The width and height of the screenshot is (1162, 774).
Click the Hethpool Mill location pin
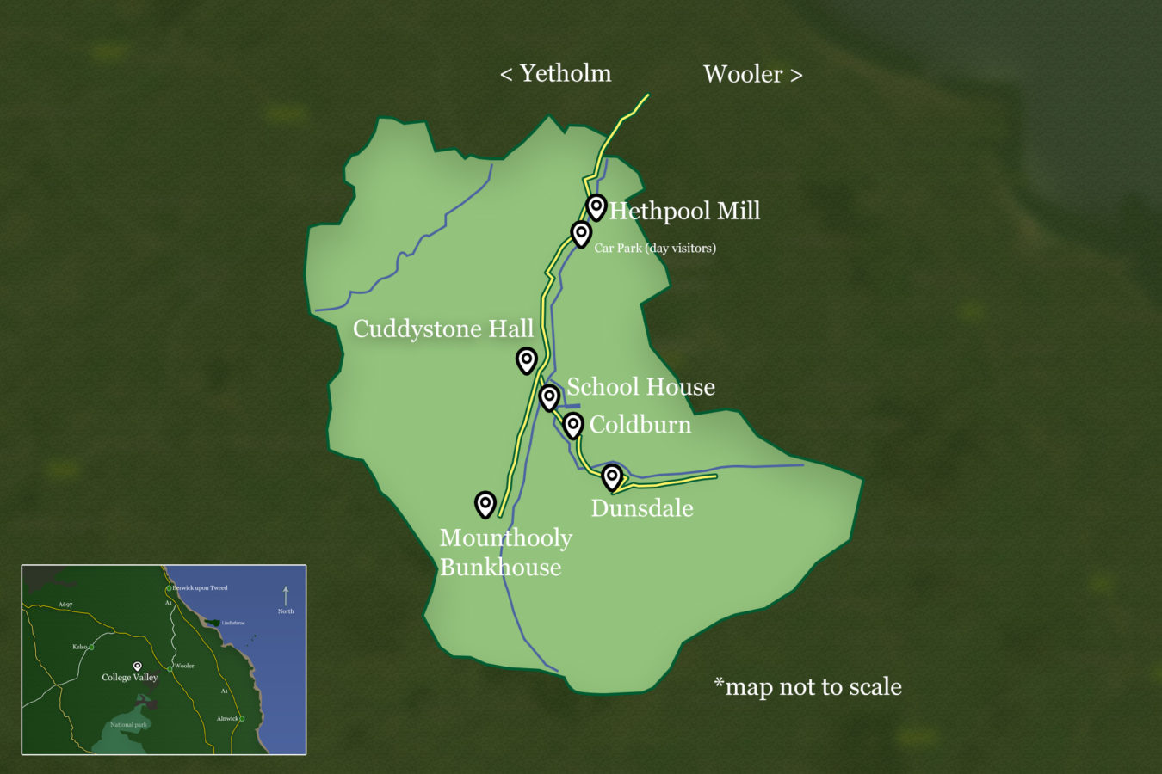point(596,206)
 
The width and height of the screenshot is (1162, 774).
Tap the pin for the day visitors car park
point(581,232)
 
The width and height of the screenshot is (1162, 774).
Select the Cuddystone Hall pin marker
point(526,359)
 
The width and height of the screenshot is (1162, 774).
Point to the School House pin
point(549,396)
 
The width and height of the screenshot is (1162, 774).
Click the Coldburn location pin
point(572,424)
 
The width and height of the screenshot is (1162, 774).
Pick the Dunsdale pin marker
point(611,476)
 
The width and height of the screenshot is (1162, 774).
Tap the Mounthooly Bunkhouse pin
point(485,503)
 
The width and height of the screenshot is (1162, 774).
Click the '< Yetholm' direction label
point(556,74)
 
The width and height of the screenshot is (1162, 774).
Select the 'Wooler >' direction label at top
point(752,75)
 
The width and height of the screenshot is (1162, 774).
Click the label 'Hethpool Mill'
point(684,211)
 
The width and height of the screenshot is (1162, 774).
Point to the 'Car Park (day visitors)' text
point(655,249)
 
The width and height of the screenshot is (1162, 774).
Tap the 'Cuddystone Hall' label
point(443,329)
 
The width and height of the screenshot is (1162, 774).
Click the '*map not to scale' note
point(808,686)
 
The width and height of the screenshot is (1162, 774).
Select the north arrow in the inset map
point(286,595)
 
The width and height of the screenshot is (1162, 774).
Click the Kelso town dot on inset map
point(91,647)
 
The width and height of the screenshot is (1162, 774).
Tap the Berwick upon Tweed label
point(200,588)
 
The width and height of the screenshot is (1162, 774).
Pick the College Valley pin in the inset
point(137,666)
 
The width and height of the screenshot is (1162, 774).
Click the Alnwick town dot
point(242,718)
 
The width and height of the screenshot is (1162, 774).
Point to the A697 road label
point(65,605)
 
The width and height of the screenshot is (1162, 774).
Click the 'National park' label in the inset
point(128,725)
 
